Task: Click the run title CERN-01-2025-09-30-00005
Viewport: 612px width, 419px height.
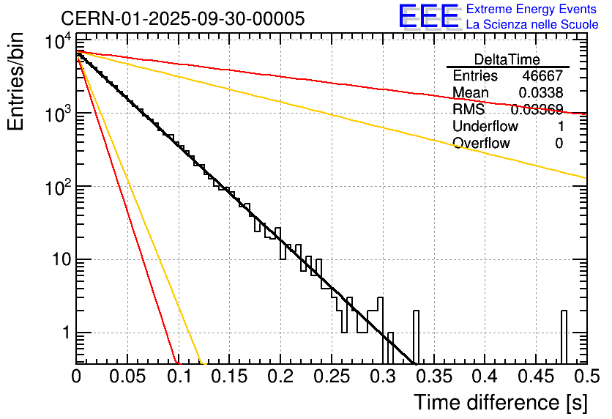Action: point(182,18)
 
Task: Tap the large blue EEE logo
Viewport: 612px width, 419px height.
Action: point(428,17)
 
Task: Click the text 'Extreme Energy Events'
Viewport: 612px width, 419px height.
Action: point(531,10)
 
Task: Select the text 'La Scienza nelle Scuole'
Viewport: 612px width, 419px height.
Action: point(531,24)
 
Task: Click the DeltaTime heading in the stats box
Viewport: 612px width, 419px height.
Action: point(507,59)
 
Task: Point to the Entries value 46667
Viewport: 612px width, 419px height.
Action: point(542,76)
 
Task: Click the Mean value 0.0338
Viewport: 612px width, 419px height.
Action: point(540,93)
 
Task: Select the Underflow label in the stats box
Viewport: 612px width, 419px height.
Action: point(485,127)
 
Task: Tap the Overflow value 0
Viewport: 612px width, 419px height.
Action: point(559,144)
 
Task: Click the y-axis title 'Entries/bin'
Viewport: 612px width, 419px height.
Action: point(18,81)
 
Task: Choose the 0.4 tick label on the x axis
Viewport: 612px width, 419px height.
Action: point(483,378)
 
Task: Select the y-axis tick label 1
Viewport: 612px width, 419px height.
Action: point(63,333)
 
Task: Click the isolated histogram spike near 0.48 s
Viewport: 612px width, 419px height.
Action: point(564,336)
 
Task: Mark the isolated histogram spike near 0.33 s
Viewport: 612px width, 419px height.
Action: point(416,336)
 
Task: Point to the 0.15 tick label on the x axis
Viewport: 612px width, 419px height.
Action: point(228,378)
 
